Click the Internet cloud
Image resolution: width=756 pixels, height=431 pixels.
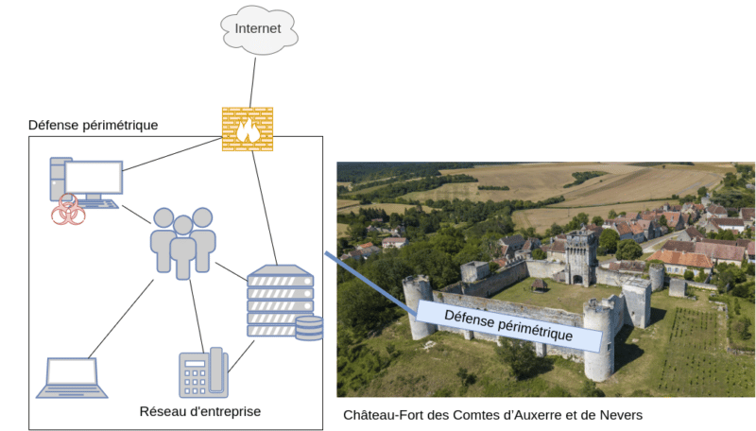coord(258,30)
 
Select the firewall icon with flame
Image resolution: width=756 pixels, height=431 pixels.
coord(248,129)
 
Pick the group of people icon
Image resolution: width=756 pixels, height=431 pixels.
coord(183,242)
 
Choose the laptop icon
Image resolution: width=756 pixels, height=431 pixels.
coord(71,378)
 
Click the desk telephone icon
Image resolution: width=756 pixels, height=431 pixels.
coord(203,373)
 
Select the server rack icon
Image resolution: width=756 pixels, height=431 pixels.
coord(280,301)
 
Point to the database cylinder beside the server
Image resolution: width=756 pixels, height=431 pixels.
coord(309,328)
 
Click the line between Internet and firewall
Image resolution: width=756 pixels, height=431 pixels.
coord(251,80)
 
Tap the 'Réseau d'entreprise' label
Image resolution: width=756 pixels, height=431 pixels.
coord(199,412)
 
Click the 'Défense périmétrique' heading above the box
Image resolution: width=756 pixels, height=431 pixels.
coord(93,125)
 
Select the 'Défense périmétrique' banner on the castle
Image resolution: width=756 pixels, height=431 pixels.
coord(508,324)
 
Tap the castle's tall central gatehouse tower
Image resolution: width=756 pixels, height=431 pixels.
coord(580,256)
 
